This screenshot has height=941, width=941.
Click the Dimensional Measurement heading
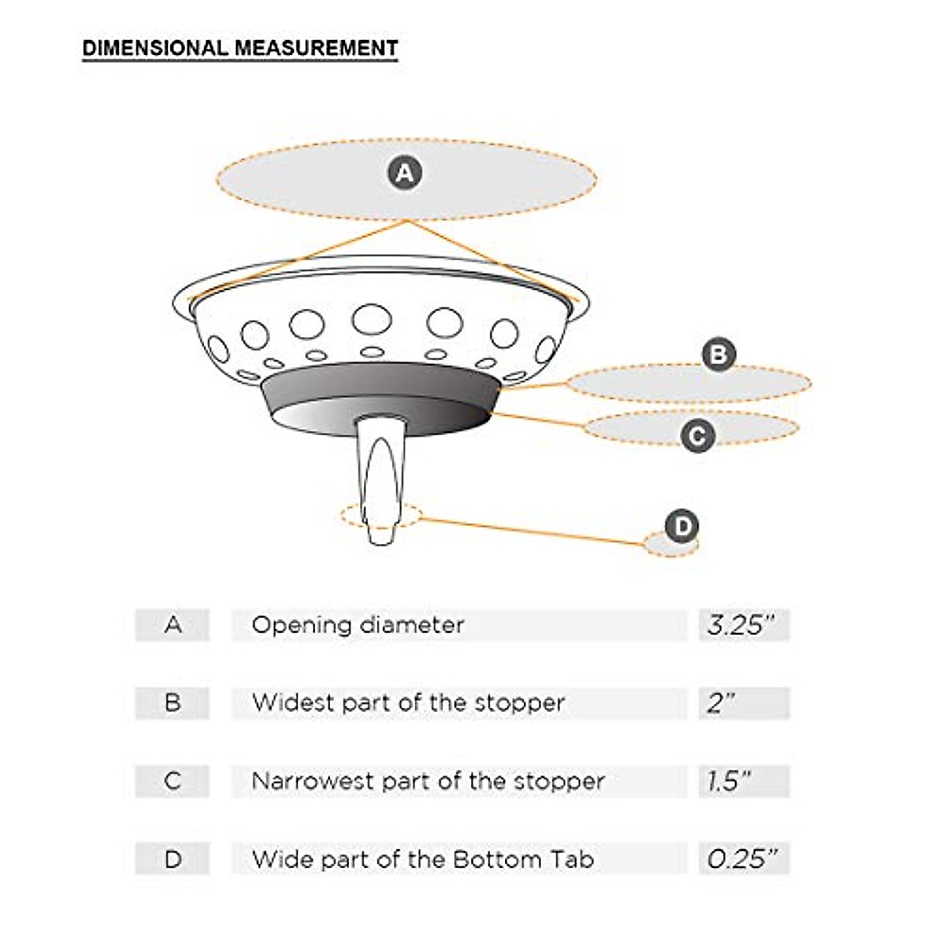coord(240,48)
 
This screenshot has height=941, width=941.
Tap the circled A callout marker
coord(405,172)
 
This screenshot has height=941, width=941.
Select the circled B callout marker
coord(718,354)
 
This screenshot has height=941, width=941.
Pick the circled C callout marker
coord(697,435)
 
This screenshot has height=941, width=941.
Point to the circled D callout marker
coord(681,525)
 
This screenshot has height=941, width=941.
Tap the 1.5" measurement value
coord(729,781)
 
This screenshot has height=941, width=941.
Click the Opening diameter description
coord(358,625)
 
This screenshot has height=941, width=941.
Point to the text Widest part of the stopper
coord(408,703)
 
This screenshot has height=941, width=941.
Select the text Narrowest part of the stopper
coord(428,781)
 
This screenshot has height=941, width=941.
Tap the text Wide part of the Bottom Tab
coord(423,859)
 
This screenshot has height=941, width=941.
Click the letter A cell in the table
coord(173,625)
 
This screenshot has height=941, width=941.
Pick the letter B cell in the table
coord(173,703)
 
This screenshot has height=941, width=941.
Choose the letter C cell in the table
coord(173,781)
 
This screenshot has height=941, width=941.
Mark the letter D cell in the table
coord(173,859)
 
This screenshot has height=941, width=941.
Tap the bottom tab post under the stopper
coord(382,478)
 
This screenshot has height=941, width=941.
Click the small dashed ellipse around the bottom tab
coord(345,516)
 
